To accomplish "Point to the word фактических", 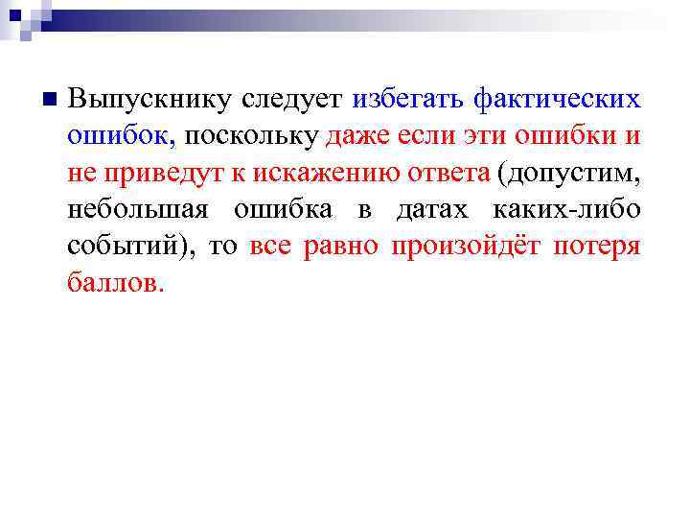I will pos(557,99).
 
